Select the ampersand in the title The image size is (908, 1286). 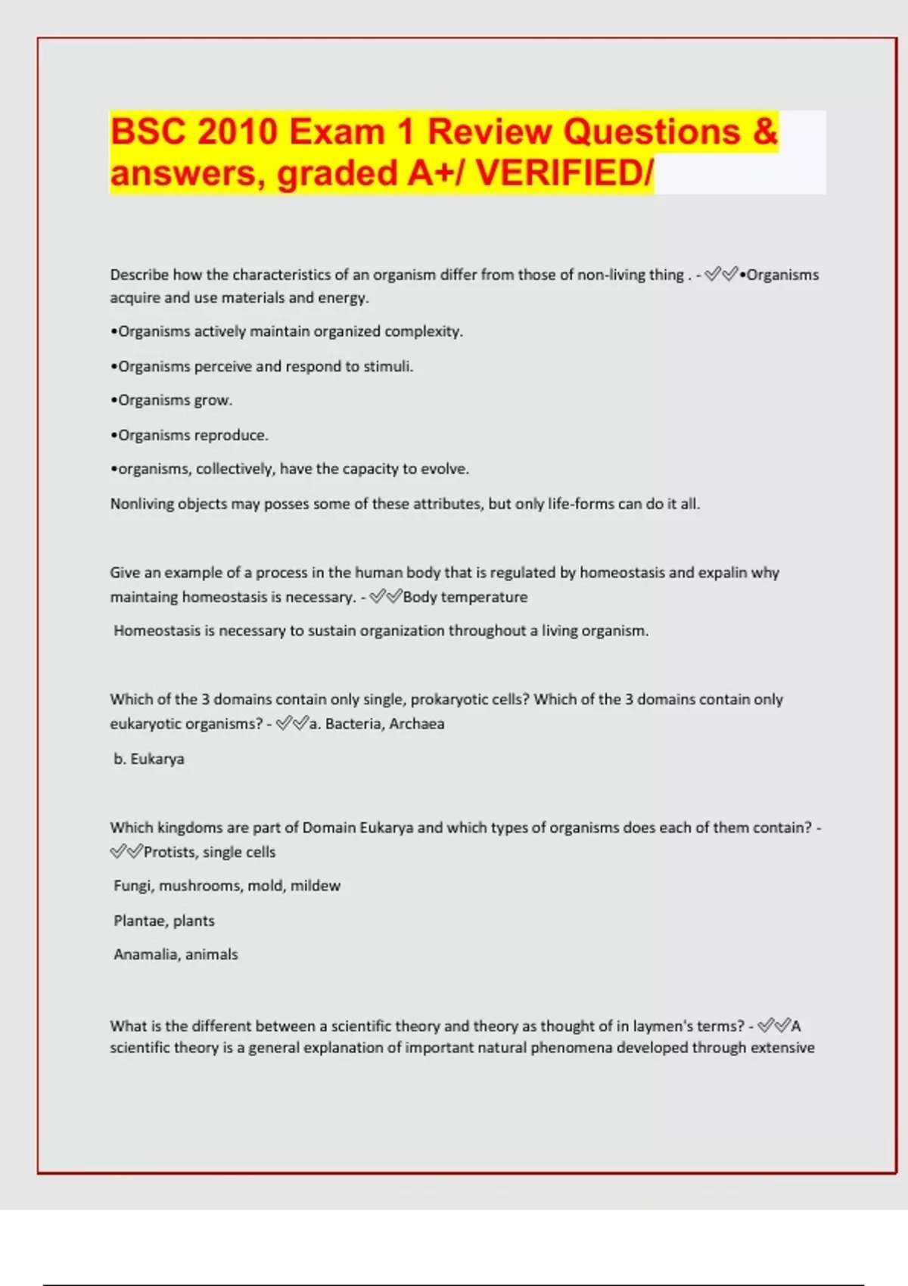coord(765,132)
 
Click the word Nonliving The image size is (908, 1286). coord(141,504)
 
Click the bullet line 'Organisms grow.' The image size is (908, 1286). coord(172,400)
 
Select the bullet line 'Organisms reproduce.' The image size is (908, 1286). coord(190,435)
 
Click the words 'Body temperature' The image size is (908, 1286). coord(465,597)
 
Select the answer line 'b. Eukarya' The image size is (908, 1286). coord(149,759)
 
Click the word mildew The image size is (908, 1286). coord(316,886)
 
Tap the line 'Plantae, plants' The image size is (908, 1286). coord(164,921)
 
